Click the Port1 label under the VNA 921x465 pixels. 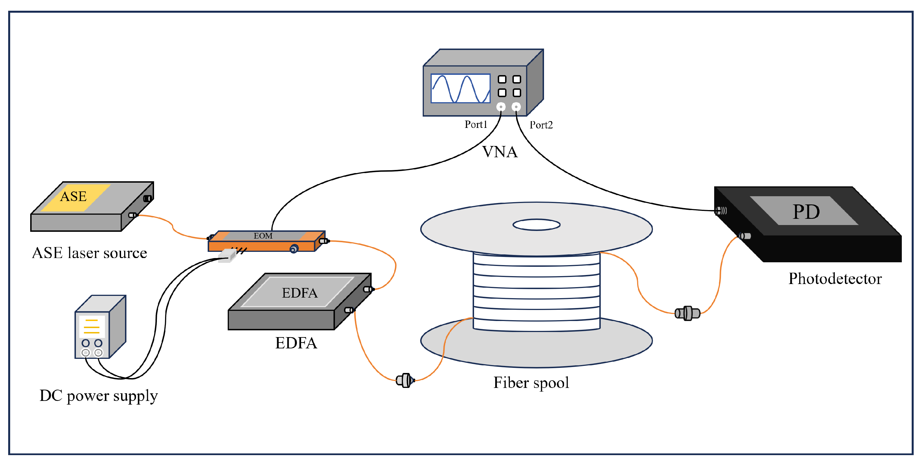click(475, 124)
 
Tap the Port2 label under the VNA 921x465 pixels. click(541, 125)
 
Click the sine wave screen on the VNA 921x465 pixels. click(460, 88)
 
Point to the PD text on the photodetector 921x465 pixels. click(806, 212)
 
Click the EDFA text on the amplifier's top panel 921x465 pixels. click(299, 293)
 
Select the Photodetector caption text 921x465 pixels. click(835, 279)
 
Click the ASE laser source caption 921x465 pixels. click(89, 253)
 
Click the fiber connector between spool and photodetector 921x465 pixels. click(687, 313)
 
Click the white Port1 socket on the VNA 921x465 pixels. click(501, 107)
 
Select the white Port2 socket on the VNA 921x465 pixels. click(516, 107)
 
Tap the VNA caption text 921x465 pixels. click(499, 152)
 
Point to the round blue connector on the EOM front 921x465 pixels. click(294, 249)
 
